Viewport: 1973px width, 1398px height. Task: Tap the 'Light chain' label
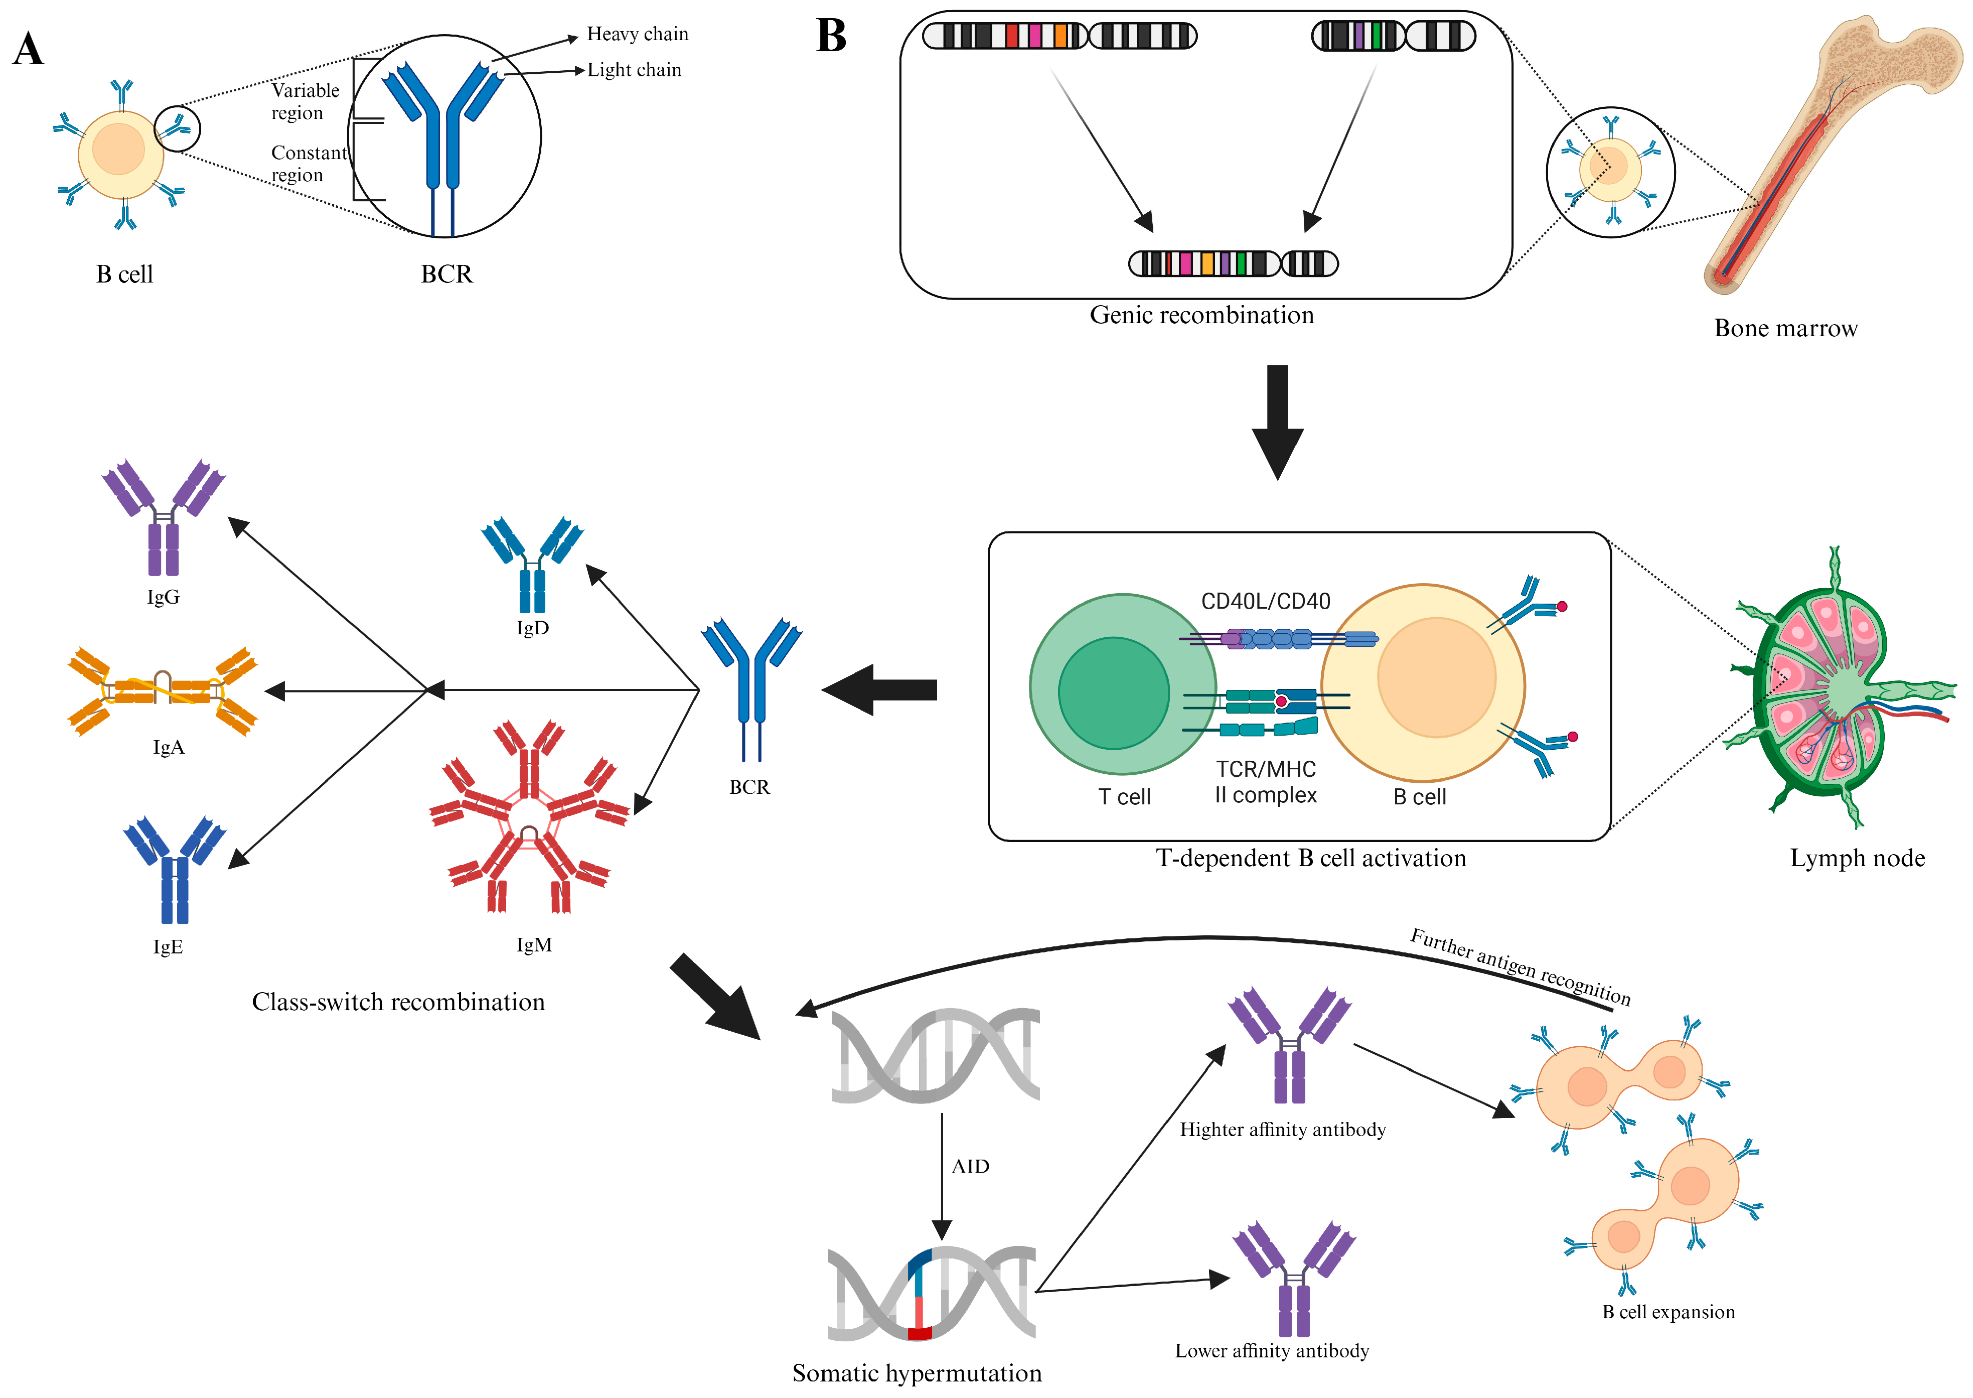point(634,71)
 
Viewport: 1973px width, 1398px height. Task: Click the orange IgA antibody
point(163,691)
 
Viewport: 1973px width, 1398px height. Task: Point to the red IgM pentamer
point(529,818)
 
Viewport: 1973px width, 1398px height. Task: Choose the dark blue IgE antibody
point(175,870)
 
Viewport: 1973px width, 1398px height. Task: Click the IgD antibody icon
point(532,564)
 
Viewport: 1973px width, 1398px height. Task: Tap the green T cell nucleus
point(1113,693)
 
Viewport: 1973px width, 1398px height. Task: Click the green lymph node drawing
point(1824,688)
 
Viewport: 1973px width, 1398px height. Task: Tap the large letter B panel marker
point(831,36)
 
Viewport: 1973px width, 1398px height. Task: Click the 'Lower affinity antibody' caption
point(1272,1351)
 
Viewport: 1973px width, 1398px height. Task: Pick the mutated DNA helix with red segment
point(931,1293)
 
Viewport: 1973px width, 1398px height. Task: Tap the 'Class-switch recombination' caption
point(398,1002)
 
